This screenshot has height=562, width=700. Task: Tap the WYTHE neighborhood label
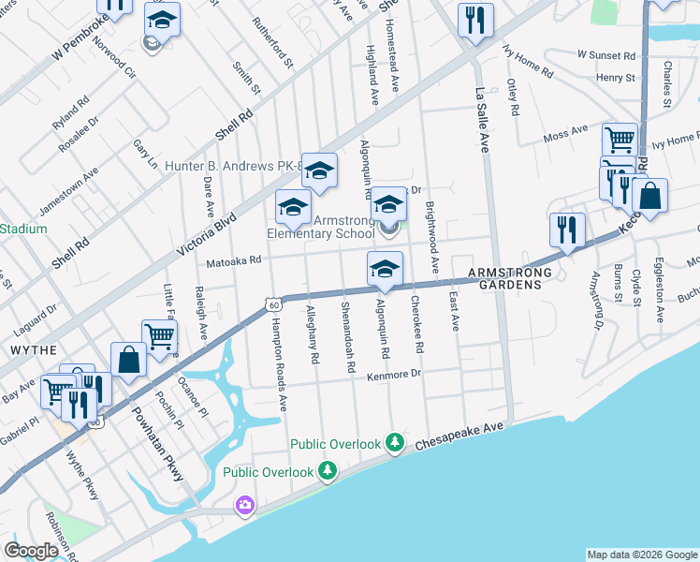pyautogui.click(x=28, y=348)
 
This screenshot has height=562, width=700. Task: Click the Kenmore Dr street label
pyautogui.click(x=397, y=374)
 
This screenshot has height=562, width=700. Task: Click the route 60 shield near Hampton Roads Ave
pyautogui.click(x=271, y=304)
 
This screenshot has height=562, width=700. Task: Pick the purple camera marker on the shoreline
pyautogui.click(x=245, y=506)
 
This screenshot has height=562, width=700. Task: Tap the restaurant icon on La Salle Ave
pyautogui.click(x=475, y=19)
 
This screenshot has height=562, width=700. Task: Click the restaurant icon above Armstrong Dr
pyautogui.click(x=567, y=229)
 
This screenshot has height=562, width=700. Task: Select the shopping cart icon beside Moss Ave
pyautogui.click(x=620, y=140)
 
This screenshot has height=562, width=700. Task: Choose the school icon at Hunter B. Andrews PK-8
pyautogui.click(x=319, y=170)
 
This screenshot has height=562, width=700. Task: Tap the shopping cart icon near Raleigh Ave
pyautogui.click(x=159, y=335)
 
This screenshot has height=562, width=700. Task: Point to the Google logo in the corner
pyautogui.click(x=30, y=551)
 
